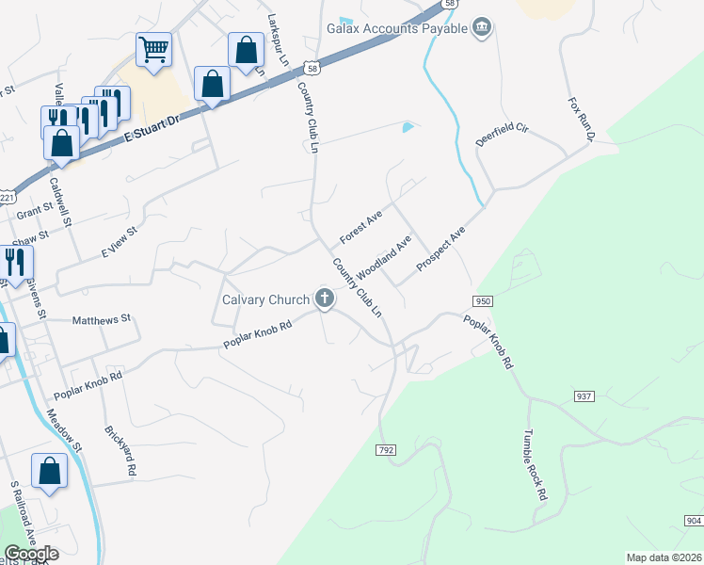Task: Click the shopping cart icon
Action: (153, 48)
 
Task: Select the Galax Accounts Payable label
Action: (397, 28)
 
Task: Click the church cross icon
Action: (325, 299)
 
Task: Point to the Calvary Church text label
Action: (265, 300)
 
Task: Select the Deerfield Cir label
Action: (503, 136)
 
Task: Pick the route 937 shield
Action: (584, 397)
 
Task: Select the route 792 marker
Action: (386, 450)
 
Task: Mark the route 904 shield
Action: (693, 521)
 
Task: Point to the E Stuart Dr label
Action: (152, 128)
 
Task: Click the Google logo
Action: (31, 554)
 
